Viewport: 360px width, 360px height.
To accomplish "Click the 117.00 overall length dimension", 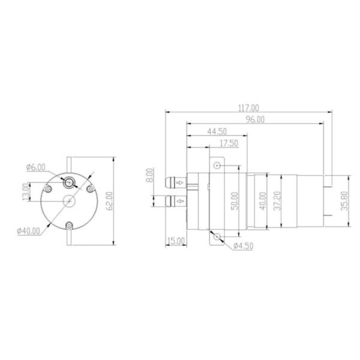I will click(x=248, y=108).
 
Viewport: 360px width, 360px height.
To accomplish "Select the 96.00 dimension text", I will click(x=254, y=119).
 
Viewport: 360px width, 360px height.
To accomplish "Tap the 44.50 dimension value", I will click(x=217, y=131).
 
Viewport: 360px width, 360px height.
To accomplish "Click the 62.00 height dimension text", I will click(x=109, y=201).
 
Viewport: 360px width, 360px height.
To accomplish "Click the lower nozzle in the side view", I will click(x=175, y=200).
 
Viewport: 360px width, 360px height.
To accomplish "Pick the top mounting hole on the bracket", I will click(x=217, y=165).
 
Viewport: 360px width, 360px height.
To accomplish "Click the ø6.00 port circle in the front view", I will click(x=71, y=182).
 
